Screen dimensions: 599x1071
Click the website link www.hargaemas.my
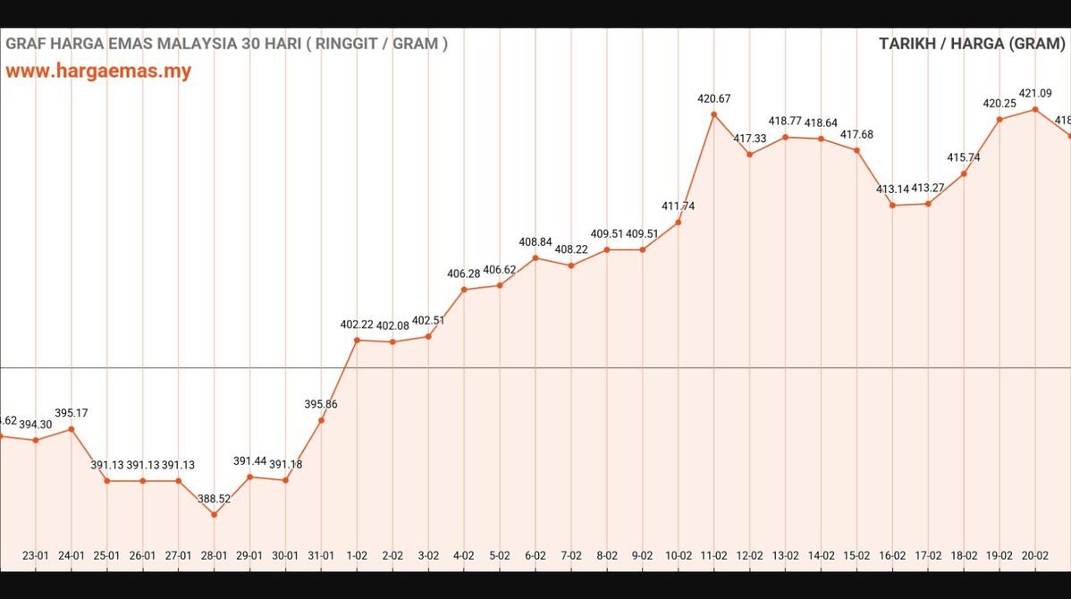[x=99, y=72]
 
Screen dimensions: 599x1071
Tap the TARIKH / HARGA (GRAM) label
[x=974, y=44]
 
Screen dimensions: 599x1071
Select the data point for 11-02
[x=714, y=114]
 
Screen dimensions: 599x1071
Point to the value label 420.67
[x=714, y=98]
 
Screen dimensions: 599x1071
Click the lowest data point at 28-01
[x=214, y=514]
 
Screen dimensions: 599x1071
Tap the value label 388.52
[x=214, y=499]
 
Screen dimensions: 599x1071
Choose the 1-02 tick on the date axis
[x=357, y=555]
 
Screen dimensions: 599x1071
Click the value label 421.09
[x=1035, y=93]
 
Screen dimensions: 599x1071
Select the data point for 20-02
[x=1035, y=109]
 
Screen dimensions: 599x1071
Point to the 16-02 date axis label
[x=892, y=555]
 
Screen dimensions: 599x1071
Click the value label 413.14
[x=892, y=189]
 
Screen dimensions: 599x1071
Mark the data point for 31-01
[x=321, y=420]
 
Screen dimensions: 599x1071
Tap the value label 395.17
[x=72, y=413]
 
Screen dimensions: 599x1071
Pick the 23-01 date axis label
[x=36, y=555]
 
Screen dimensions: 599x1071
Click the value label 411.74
[x=679, y=206]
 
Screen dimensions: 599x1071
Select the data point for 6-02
[x=535, y=257]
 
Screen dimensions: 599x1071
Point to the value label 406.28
[x=464, y=274]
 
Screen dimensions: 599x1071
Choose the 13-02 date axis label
[x=785, y=555]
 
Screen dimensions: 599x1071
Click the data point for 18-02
[x=964, y=173]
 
